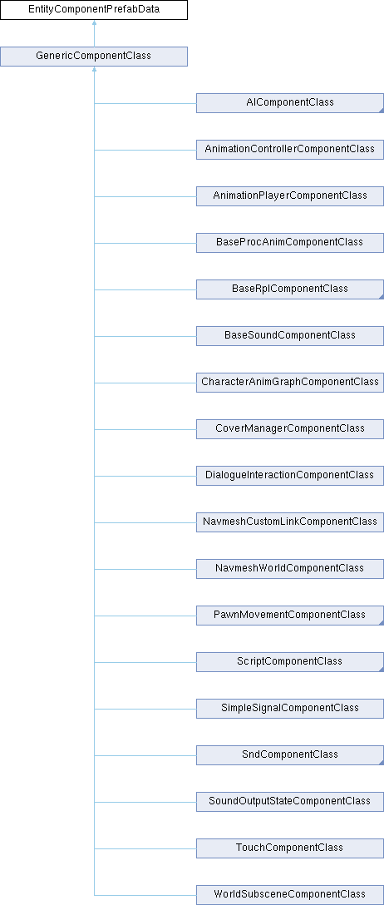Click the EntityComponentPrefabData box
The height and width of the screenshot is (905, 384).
point(94,10)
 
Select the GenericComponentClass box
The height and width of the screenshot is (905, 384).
point(94,57)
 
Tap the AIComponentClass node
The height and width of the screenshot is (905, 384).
point(290,103)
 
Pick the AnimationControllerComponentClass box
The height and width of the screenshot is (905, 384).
point(290,150)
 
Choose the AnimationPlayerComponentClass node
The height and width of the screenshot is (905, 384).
point(290,195)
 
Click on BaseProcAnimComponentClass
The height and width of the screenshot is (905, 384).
point(290,242)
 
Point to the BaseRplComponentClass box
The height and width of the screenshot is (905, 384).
point(290,289)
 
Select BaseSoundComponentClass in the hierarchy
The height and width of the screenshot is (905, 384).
point(290,335)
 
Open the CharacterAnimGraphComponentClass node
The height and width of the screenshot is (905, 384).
point(290,382)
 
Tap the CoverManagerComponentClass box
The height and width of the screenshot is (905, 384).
point(290,429)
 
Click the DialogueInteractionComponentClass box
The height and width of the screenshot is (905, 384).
point(290,475)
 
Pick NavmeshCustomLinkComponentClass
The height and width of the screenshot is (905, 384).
point(290,522)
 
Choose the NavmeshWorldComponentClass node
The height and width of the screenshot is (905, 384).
point(290,568)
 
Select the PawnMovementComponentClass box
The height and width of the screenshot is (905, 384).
point(290,615)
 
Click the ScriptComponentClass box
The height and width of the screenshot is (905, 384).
point(290,661)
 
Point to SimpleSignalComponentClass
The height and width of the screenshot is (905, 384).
point(290,708)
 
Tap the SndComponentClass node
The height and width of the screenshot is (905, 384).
point(290,754)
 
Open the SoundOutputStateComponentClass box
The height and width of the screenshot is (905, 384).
point(290,801)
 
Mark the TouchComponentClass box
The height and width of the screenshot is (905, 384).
point(290,848)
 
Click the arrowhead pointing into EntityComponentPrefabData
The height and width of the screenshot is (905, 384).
point(94,23)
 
